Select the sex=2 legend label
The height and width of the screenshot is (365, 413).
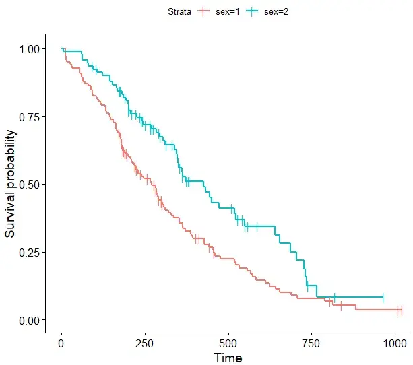[x=276, y=11]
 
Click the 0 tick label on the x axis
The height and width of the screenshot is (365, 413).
[x=61, y=343]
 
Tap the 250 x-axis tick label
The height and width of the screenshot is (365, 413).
[x=145, y=343]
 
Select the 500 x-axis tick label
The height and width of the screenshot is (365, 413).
[x=228, y=343]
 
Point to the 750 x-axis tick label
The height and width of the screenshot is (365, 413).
[x=312, y=343]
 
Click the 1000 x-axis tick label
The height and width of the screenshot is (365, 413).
[x=395, y=343]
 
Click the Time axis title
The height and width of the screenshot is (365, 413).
[x=228, y=358]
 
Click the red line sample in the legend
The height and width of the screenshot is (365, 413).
[x=205, y=11]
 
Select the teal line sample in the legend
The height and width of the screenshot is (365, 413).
[x=252, y=11]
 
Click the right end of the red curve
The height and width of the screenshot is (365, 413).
[x=401, y=310]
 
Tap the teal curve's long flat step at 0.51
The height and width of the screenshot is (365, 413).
[x=194, y=180]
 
